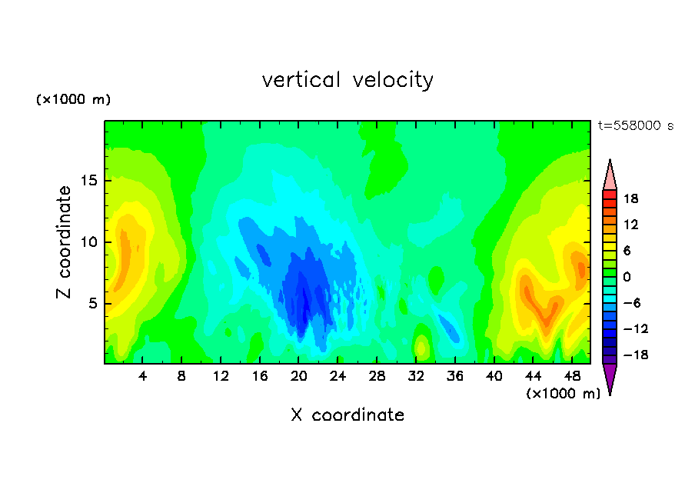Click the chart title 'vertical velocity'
point(347,81)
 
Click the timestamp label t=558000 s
point(636,126)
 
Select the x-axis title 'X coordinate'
point(347,415)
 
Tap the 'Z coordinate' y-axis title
point(64,242)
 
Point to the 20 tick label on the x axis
point(299,377)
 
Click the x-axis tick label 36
point(455,377)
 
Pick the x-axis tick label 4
point(142,377)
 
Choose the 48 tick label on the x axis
point(572,377)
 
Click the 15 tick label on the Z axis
point(89,181)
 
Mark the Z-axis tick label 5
point(93,304)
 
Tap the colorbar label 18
point(630,198)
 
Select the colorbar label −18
point(636,355)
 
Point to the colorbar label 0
point(627,277)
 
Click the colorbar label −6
point(632,303)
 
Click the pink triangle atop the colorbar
point(610,175)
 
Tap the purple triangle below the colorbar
point(610,378)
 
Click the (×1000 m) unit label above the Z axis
point(73,99)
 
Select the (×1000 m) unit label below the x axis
point(563,394)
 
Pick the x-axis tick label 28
point(377,377)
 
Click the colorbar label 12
point(630,225)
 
